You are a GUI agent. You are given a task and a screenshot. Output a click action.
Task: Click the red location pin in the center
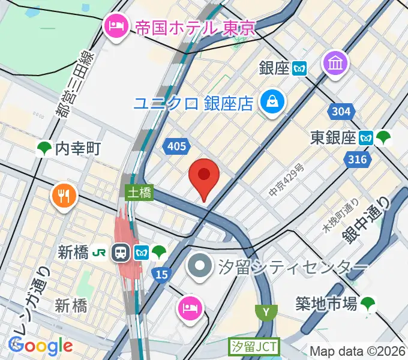[204, 177]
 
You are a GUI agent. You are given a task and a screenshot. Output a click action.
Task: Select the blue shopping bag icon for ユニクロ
[272, 101]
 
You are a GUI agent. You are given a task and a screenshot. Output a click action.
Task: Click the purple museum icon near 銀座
[335, 62]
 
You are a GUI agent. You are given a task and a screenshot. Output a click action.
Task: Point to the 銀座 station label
[275, 68]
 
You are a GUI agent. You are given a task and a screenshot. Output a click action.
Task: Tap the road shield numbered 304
[341, 112]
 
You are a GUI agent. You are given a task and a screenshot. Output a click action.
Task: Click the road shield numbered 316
[358, 160]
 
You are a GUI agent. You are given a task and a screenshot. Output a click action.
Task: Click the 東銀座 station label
[334, 138]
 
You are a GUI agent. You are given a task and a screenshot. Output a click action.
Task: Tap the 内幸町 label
[77, 149]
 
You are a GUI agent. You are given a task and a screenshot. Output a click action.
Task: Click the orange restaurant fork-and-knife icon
[63, 196]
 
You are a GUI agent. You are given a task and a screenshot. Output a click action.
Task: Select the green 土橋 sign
[139, 193]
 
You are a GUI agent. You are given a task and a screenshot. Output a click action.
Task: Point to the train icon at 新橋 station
[122, 252]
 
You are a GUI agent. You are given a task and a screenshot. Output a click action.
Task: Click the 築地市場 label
[328, 304]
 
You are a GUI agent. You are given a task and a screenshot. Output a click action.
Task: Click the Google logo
[41, 346]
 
